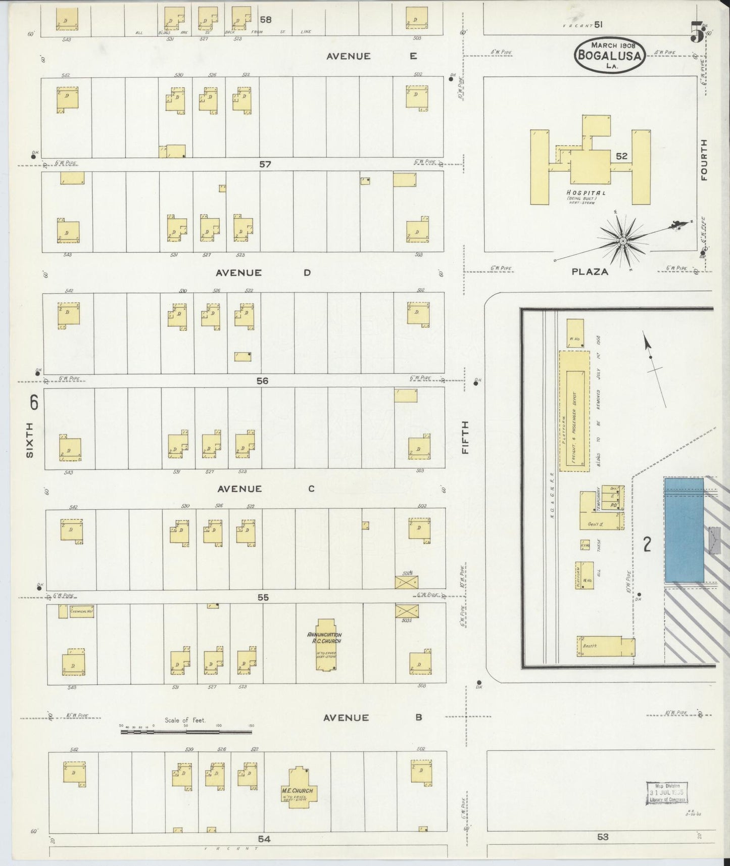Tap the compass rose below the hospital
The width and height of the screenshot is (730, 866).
624,242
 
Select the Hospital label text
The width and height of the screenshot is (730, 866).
586,193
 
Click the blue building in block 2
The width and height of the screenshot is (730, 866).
684,530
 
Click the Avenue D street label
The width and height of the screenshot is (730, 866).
263,273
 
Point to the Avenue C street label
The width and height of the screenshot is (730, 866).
266,489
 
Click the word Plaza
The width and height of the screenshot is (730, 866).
590,272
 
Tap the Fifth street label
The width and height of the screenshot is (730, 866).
464,437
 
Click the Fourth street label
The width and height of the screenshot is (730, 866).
704,160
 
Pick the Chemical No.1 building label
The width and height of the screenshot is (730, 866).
82,611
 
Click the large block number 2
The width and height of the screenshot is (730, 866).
646,544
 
